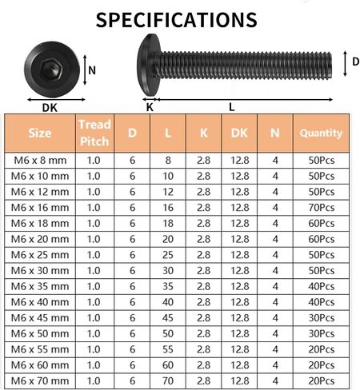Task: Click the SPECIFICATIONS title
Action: pyautogui.click(x=176, y=20)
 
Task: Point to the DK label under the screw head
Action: pyautogui.click(x=50, y=108)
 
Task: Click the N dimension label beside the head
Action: pyautogui.click(x=92, y=70)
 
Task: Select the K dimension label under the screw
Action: pyautogui.click(x=150, y=107)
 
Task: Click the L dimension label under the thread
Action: pyautogui.click(x=231, y=107)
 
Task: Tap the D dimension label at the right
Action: pyautogui.click(x=356, y=62)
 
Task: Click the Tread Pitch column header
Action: pyautogui.click(x=94, y=133)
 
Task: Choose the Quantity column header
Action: pyautogui.click(x=321, y=133)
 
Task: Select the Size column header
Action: pyautogui.click(x=40, y=133)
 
